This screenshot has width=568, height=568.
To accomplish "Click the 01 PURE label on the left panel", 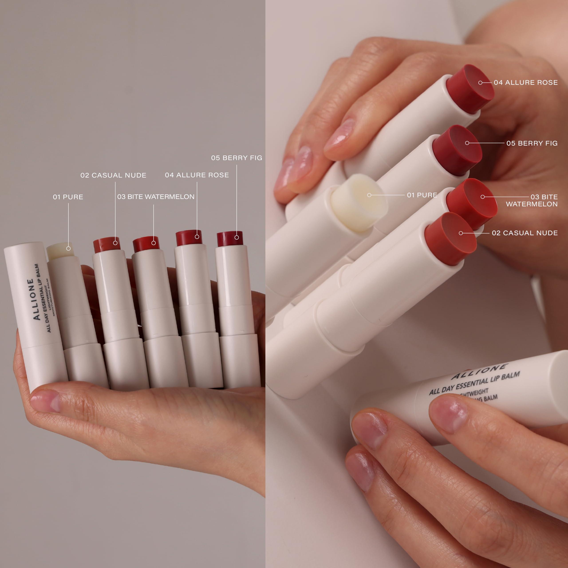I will click(68, 197).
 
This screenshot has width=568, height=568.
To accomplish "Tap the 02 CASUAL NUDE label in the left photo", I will click(113, 175).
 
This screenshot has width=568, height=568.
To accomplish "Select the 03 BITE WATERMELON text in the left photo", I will click(156, 197).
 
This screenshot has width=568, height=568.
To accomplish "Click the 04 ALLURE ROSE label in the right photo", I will click(526, 83).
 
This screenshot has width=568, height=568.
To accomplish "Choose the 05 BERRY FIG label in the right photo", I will click(532, 143).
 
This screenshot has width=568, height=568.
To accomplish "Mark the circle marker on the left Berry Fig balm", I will click(237, 237).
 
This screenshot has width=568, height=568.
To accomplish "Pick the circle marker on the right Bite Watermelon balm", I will click(482, 197).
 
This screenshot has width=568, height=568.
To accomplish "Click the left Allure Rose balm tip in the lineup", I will click(189, 238).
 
